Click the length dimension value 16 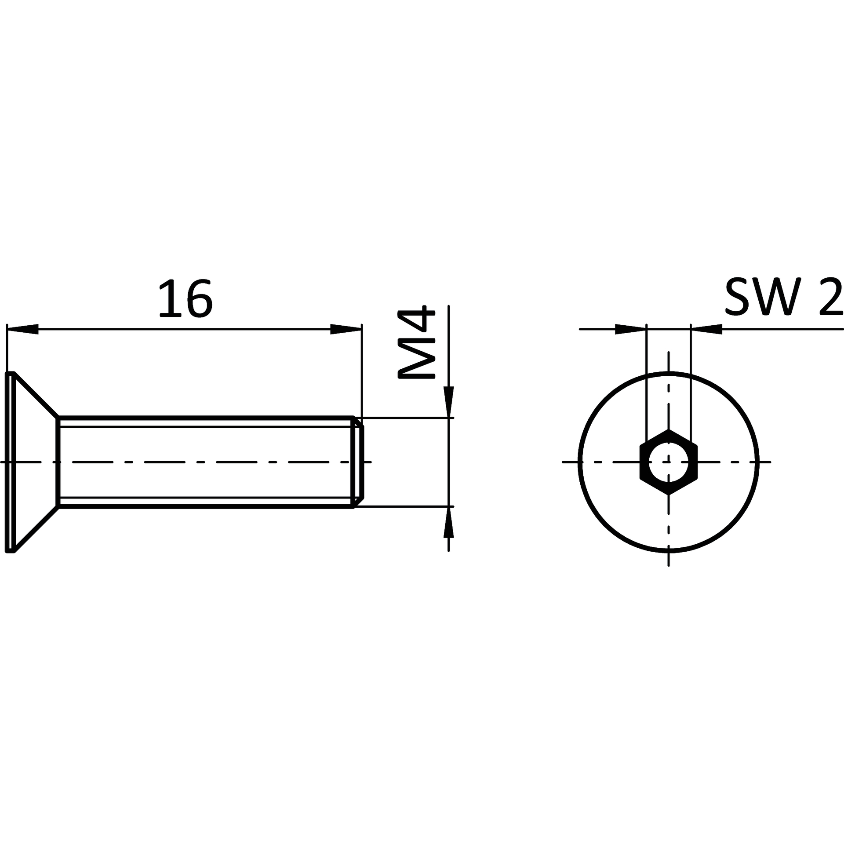pyautogui.click(x=186, y=298)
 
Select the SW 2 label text pyautogui.click(x=784, y=297)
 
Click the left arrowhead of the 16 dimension pyautogui.click(x=22, y=329)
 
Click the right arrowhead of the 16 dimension pyautogui.click(x=346, y=329)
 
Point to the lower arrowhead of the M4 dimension pyautogui.click(x=448, y=522)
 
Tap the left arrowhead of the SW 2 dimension pyautogui.click(x=631, y=329)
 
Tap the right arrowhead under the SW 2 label pyautogui.click(x=706, y=329)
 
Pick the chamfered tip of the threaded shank pyautogui.click(x=359, y=462)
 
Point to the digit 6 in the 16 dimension pyautogui.click(x=200, y=298)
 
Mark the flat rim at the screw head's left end pyautogui.click(x=10, y=462)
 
